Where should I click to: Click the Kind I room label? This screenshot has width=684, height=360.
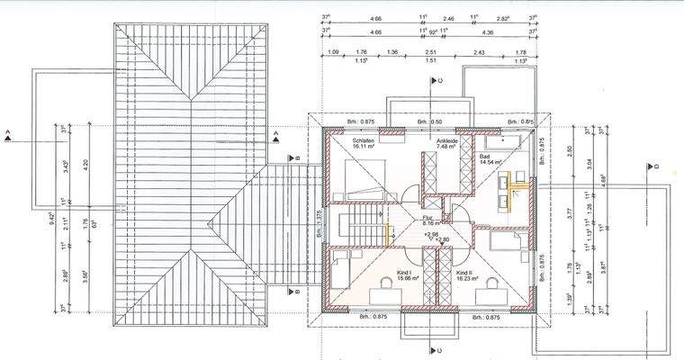click(402, 272)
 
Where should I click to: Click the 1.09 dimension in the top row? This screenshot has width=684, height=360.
click(334, 53)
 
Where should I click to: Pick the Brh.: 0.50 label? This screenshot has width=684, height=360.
click(430, 121)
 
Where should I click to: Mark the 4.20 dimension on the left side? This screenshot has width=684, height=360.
click(85, 165)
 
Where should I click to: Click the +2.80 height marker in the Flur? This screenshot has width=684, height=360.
click(442, 240)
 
